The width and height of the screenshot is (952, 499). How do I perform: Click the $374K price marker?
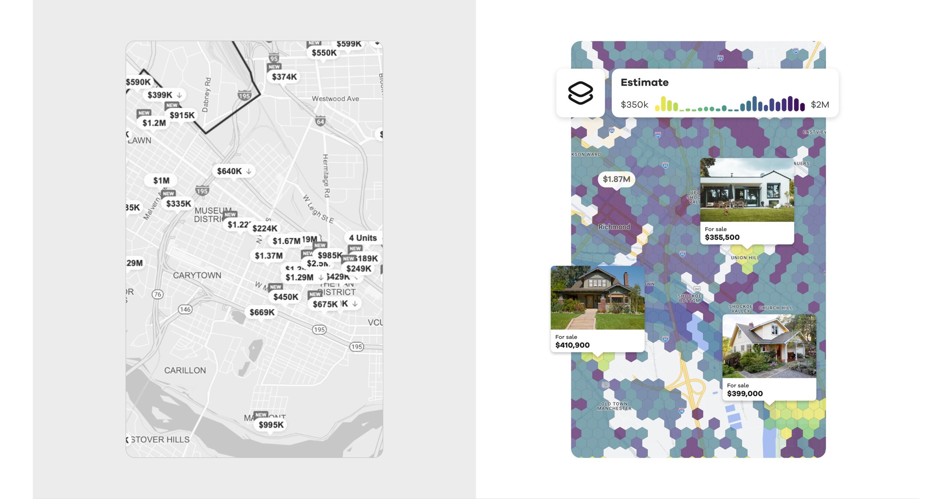[284, 77]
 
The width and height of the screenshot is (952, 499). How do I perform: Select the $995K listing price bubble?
[271, 425]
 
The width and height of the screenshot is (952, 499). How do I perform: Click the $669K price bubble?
[262, 312]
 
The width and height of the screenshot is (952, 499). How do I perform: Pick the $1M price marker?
[162, 180]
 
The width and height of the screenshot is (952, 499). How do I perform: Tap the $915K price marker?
[182, 115]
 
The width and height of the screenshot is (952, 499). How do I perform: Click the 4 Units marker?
[363, 238]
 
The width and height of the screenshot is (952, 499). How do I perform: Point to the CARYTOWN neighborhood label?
[197, 275]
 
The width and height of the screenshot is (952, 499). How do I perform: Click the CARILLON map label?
[185, 371]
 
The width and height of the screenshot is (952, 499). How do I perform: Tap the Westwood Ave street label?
[335, 99]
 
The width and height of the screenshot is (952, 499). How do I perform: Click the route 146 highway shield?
[185, 309]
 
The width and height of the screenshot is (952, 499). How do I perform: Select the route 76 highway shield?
[157, 294]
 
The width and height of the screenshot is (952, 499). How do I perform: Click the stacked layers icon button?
[580, 93]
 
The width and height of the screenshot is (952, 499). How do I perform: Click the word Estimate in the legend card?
[644, 83]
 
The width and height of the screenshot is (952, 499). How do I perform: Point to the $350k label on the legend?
[634, 105]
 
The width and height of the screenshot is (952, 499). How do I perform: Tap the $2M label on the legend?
[820, 105]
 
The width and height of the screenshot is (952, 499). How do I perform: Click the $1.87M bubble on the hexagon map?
[617, 179]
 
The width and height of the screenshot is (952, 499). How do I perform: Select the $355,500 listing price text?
[722, 237]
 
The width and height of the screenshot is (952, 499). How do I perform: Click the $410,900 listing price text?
[572, 345]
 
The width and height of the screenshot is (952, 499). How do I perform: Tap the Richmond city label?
[614, 227]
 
